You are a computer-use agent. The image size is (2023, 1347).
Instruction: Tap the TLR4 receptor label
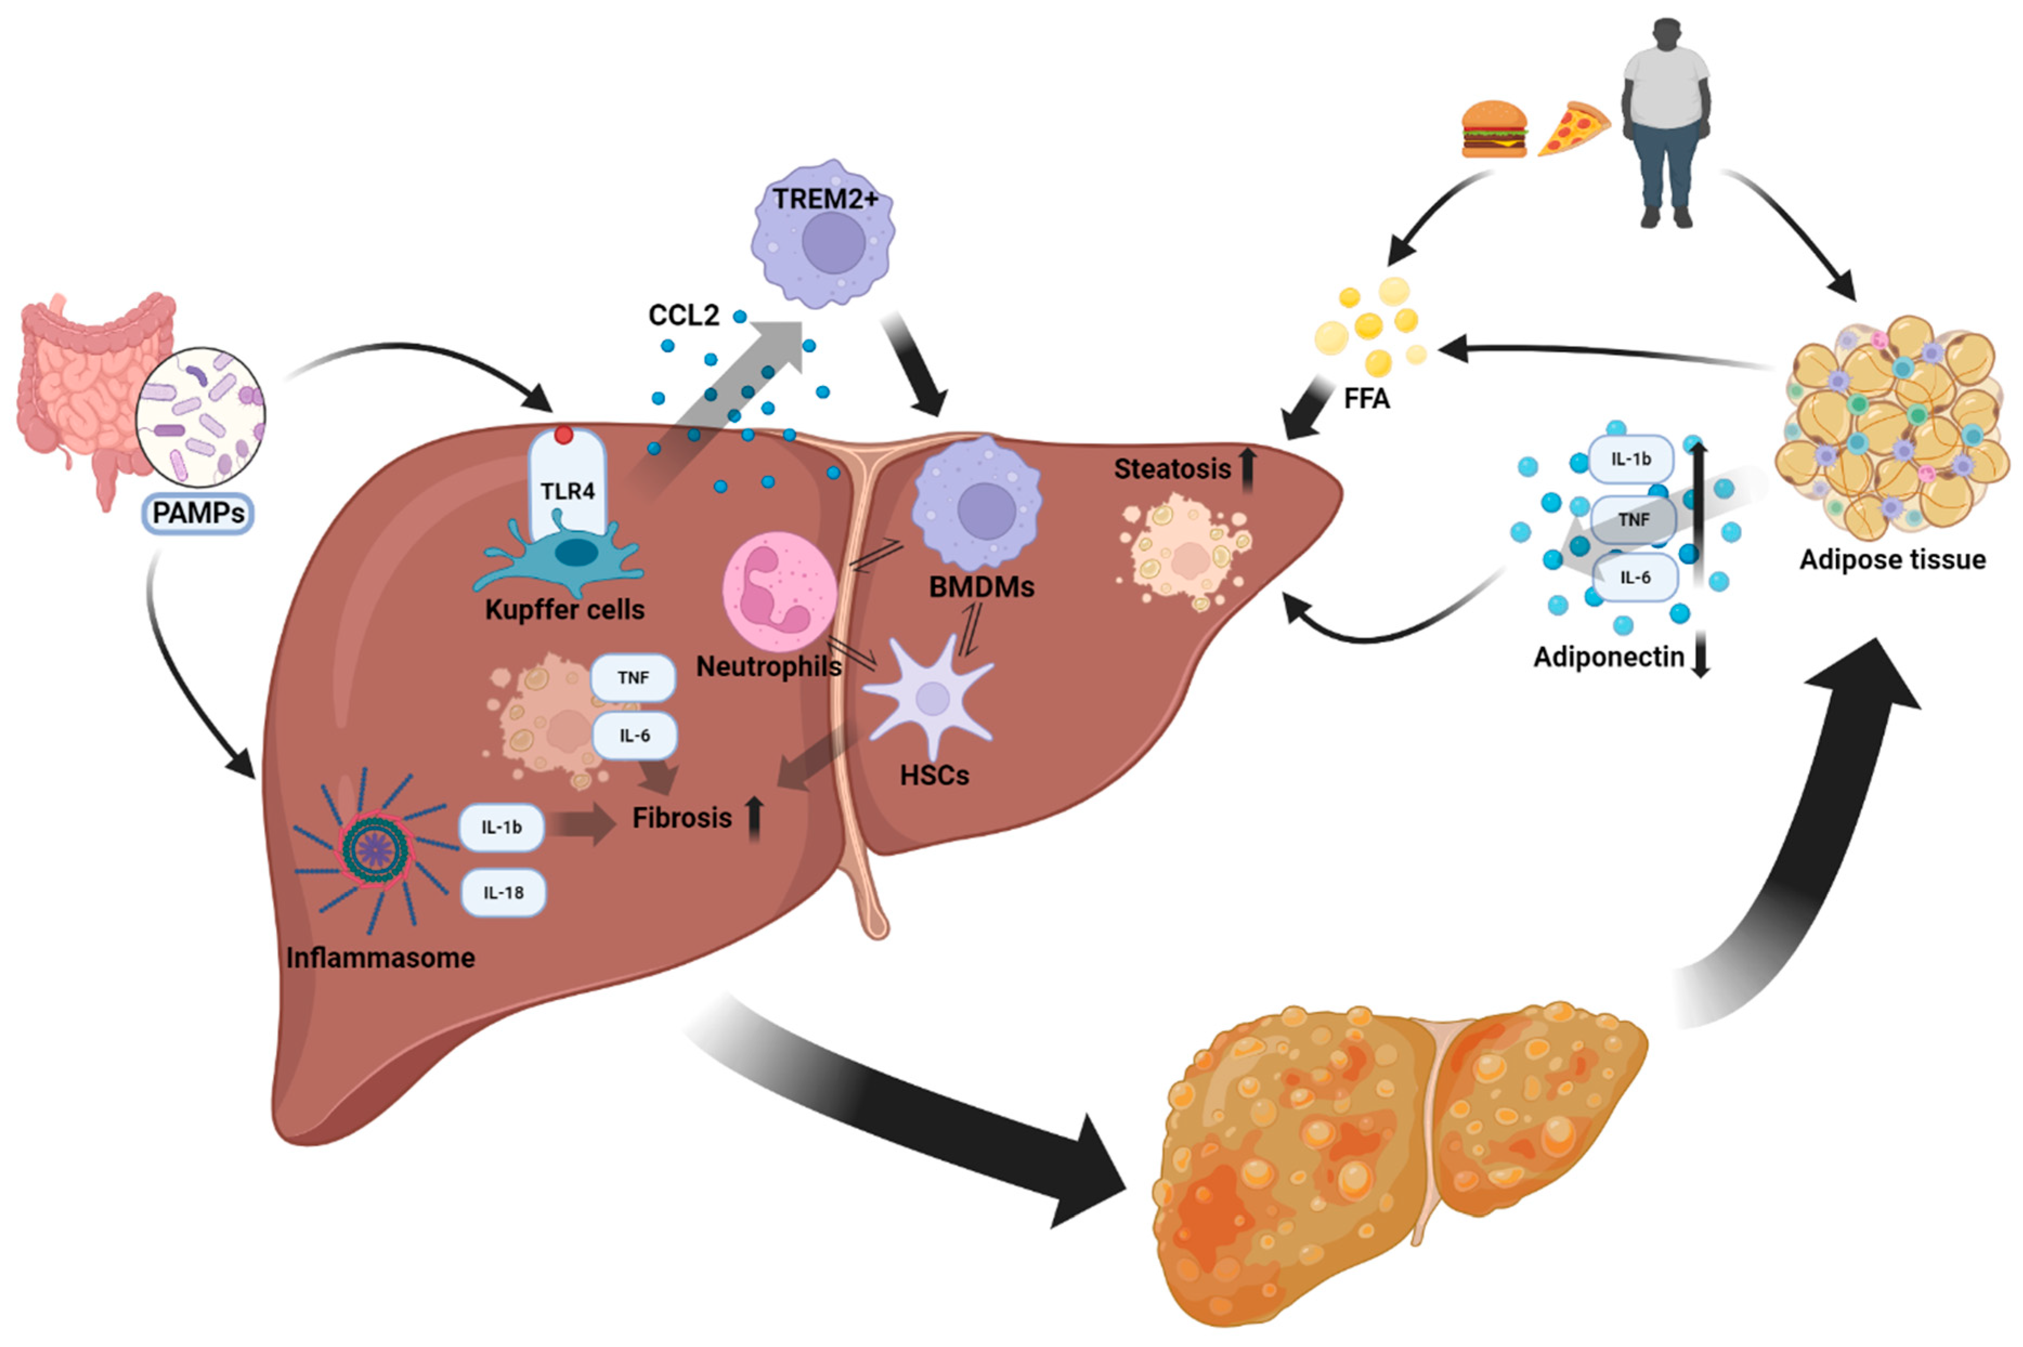[567, 492]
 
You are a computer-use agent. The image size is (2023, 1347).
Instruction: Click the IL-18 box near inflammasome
[503, 893]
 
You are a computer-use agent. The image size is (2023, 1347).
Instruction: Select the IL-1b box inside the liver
[501, 827]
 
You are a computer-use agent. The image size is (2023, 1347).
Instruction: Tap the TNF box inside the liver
[632, 678]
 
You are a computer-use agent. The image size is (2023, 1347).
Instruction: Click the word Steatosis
[1172, 469]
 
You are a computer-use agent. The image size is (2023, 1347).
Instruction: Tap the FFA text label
[1366, 398]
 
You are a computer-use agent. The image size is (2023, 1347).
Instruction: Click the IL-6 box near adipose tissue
[1634, 577]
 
